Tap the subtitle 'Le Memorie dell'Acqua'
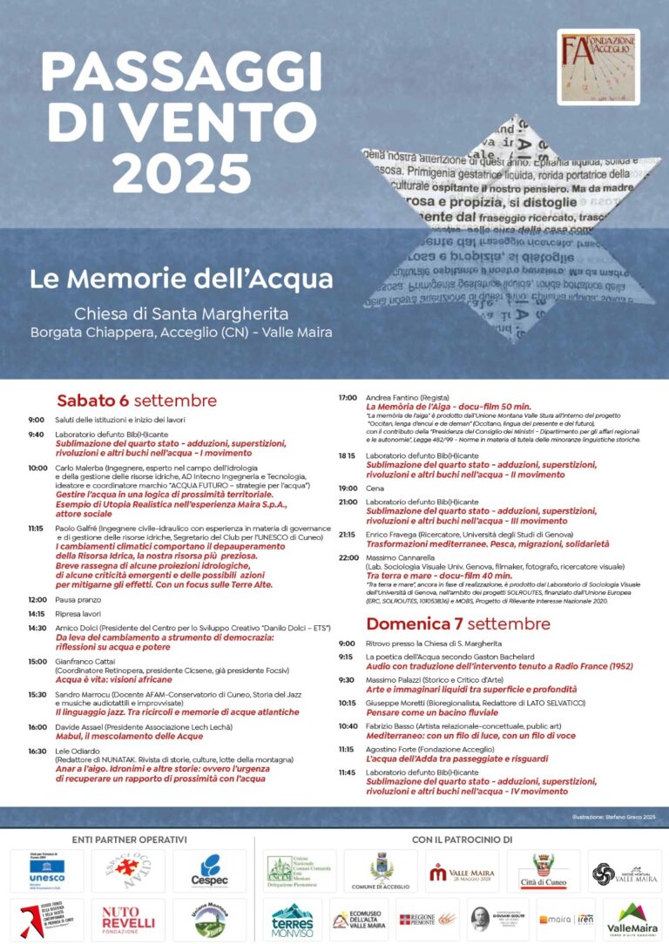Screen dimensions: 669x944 point(181,280)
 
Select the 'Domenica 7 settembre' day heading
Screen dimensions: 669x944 point(458,624)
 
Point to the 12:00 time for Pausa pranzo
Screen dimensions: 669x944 point(37,599)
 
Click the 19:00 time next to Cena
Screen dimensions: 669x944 point(348,489)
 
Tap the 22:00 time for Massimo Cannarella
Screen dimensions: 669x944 point(348,556)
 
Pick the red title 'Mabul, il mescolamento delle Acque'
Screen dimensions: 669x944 point(117,736)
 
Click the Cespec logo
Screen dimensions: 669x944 point(209,871)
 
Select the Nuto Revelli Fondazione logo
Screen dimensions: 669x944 point(128,918)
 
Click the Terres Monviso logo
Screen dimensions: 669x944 point(292,919)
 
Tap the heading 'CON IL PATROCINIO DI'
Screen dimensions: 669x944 point(461,839)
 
